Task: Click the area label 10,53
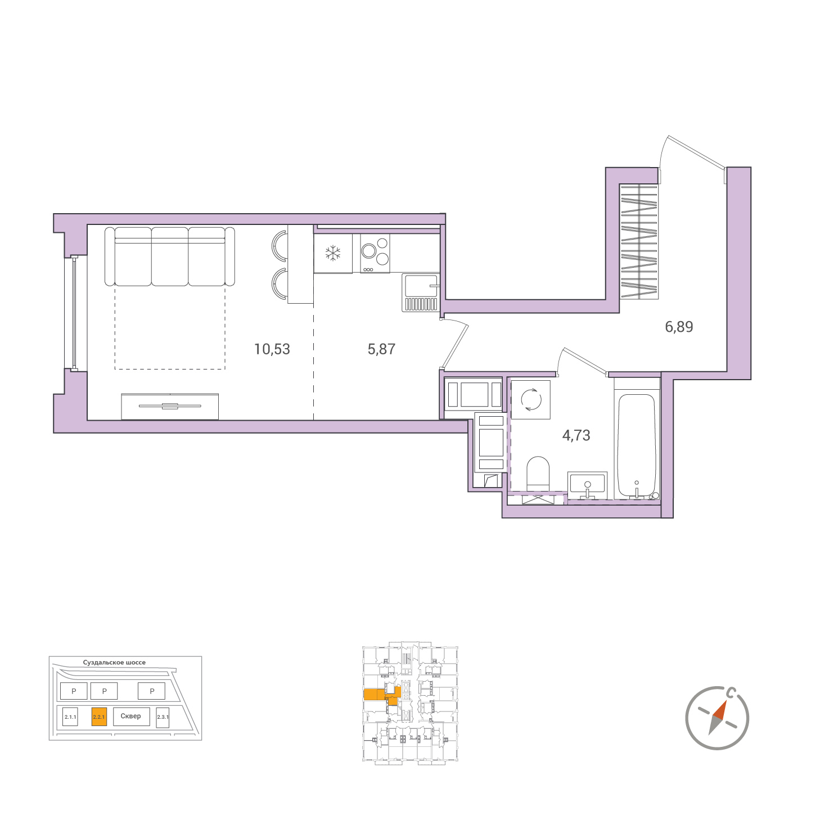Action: click(x=272, y=349)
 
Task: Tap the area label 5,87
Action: click(x=381, y=349)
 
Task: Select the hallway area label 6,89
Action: click(x=679, y=327)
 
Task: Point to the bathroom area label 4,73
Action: click(x=576, y=435)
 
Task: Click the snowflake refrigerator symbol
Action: click(x=333, y=253)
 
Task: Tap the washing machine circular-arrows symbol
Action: click(x=531, y=400)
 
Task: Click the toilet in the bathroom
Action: click(x=538, y=474)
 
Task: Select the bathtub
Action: click(x=637, y=447)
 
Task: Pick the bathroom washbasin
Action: click(x=587, y=485)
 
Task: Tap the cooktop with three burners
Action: click(x=375, y=253)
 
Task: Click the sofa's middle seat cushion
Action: click(x=170, y=256)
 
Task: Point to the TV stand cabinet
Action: click(x=170, y=407)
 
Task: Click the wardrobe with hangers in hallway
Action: click(x=639, y=241)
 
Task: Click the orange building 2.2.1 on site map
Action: click(x=99, y=717)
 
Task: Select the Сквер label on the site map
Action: click(x=130, y=716)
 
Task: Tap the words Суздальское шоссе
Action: click(x=114, y=663)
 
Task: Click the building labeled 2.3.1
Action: click(x=163, y=717)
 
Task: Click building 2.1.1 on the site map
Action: click(x=70, y=717)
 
